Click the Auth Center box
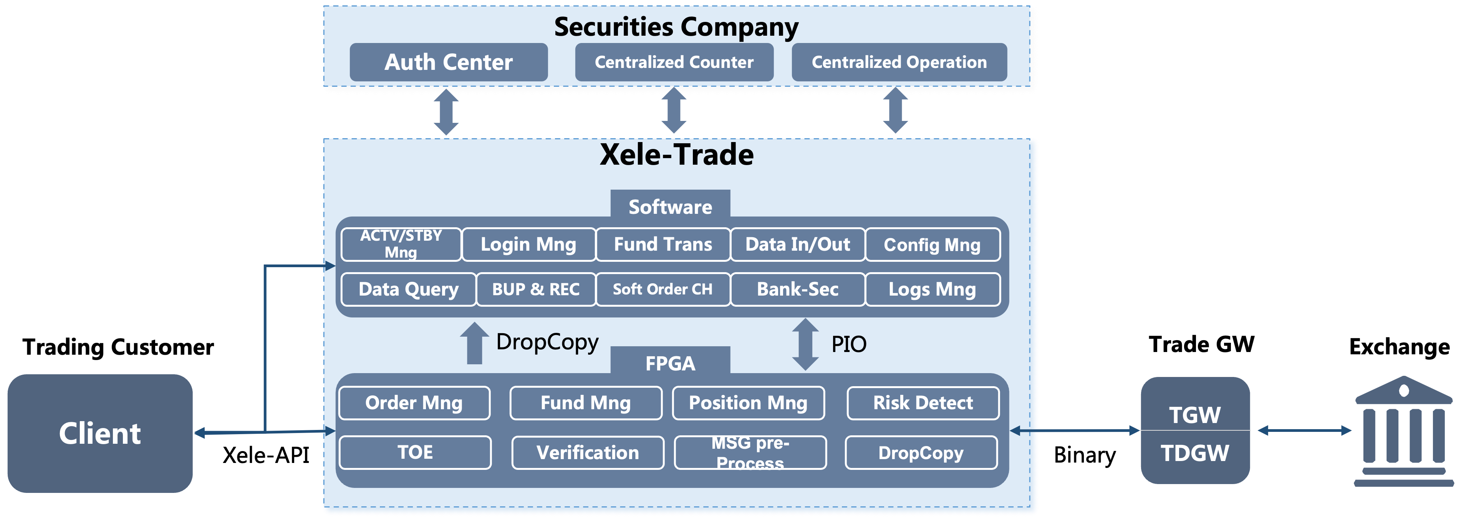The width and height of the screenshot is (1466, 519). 449,62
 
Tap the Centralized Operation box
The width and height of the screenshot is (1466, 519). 899,62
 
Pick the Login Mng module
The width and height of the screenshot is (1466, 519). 529,245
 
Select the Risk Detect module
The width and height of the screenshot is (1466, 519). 923,403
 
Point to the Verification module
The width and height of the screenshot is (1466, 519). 588,453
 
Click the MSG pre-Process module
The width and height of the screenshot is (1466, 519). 750,453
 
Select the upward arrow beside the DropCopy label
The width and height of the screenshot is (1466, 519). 475,343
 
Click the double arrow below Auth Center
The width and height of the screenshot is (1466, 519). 446,112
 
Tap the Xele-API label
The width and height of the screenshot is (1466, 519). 266,455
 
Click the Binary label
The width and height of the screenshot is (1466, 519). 1085,455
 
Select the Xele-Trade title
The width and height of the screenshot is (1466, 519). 677,154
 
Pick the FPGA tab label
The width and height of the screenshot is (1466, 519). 671,363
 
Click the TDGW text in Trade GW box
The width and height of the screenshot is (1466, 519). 1195,454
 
